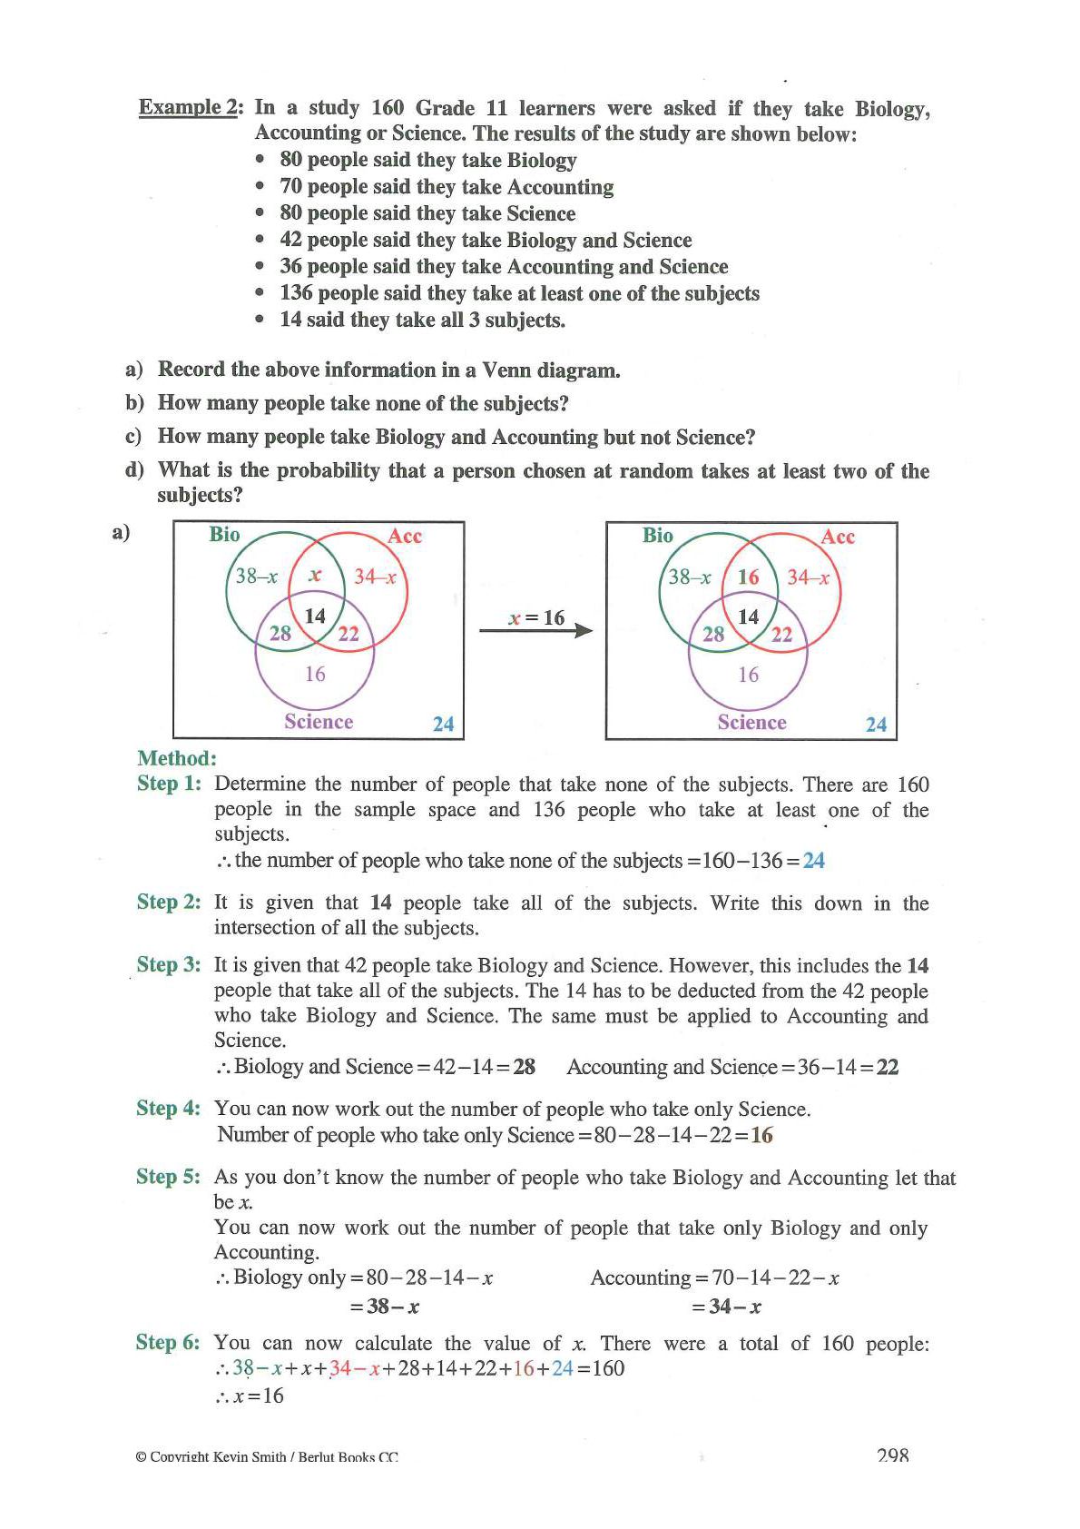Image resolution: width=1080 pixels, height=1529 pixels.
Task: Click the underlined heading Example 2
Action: (x=189, y=108)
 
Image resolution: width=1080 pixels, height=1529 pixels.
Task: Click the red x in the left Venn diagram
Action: (x=315, y=575)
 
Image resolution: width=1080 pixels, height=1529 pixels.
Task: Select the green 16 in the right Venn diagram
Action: (x=749, y=577)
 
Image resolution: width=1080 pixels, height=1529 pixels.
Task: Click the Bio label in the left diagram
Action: (x=224, y=534)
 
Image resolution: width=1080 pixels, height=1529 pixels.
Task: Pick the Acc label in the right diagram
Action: (x=838, y=537)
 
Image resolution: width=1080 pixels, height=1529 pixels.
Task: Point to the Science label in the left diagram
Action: (x=319, y=722)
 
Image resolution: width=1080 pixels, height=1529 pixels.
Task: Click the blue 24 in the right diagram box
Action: (x=876, y=725)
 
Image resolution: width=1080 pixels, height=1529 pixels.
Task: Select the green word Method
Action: (x=177, y=758)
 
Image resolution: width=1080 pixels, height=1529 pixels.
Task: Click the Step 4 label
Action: (x=168, y=1109)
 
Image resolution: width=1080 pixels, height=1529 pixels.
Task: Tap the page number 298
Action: (x=893, y=1455)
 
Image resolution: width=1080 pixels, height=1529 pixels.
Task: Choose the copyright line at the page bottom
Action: (x=266, y=1457)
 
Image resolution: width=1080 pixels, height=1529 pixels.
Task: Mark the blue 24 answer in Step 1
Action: (x=814, y=861)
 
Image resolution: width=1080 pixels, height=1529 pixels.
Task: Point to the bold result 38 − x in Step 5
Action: (x=383, y=1307)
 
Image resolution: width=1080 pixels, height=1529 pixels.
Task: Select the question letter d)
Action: (x=134, y=470)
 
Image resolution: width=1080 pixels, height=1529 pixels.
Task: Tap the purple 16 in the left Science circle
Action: (x=315, y=674)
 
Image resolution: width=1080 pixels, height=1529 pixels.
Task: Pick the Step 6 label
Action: (x=168, y=1343)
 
